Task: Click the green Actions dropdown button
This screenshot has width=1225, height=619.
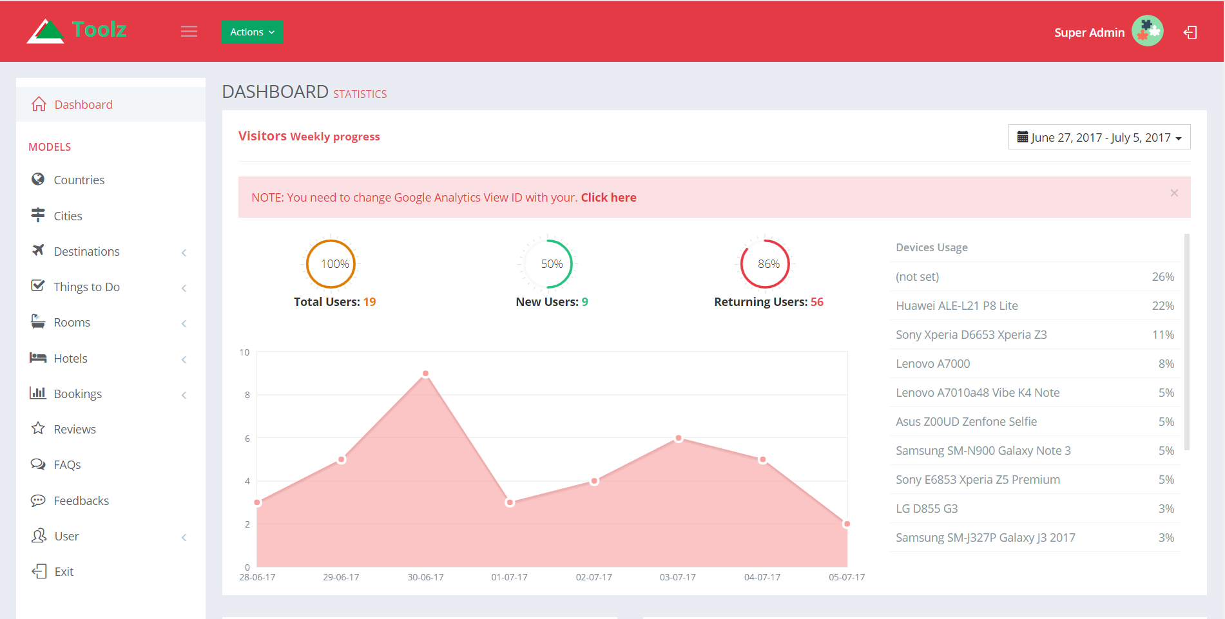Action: click(252, 32)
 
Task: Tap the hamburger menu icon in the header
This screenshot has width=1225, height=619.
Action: click(189, 32)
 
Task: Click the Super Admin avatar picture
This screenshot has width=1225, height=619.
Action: click(1147, 31)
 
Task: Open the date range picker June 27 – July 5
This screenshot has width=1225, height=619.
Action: click(1099, 137)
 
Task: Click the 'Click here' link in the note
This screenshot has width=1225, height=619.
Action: click(608, 198)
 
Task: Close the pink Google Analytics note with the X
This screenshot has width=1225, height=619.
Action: click(1174, 193)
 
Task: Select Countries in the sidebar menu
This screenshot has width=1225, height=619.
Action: click(79, 180)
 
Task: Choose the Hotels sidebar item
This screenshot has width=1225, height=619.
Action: click(70, 358)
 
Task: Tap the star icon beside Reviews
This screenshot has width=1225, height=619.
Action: click(38, 428)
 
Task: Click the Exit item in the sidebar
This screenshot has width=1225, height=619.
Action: click(64, 571)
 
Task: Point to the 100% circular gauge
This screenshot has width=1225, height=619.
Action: click(331, 264)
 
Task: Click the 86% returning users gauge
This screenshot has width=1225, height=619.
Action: click(765, 264)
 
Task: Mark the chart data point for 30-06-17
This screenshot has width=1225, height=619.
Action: click(425, 374)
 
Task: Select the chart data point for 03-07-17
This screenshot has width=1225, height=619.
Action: click(679, 438)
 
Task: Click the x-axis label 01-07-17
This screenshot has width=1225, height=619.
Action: click(509, 577)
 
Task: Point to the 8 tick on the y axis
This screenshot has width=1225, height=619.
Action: click(247, 395)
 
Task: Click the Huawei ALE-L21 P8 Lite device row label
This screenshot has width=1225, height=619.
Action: click(957, 306)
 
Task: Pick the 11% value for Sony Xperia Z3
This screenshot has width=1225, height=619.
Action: click(1163, 335)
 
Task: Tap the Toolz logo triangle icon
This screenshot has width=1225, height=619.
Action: click(45, 32)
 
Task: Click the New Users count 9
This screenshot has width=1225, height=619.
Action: click(585, 302)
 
